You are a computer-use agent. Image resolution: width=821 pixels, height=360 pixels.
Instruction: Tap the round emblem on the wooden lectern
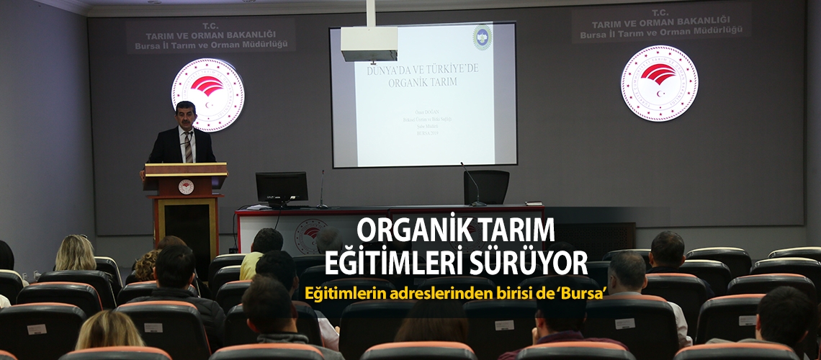186,186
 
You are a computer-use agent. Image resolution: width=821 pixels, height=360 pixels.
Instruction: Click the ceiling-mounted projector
369,44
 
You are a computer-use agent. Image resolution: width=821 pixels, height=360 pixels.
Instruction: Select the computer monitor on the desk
282,187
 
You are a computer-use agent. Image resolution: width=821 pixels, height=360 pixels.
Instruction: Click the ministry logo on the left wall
207,94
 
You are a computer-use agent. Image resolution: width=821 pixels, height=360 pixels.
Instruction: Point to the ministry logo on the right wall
658,83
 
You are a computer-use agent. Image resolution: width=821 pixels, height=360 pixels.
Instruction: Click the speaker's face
185,115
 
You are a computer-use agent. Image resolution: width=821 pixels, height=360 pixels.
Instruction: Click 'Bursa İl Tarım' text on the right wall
660,33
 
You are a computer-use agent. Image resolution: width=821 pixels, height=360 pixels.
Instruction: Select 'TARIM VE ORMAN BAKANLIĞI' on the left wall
210,35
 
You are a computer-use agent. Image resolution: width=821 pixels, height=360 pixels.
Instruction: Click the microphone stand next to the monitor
321,189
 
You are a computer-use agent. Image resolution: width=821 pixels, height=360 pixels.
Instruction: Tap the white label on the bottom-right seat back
747,320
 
